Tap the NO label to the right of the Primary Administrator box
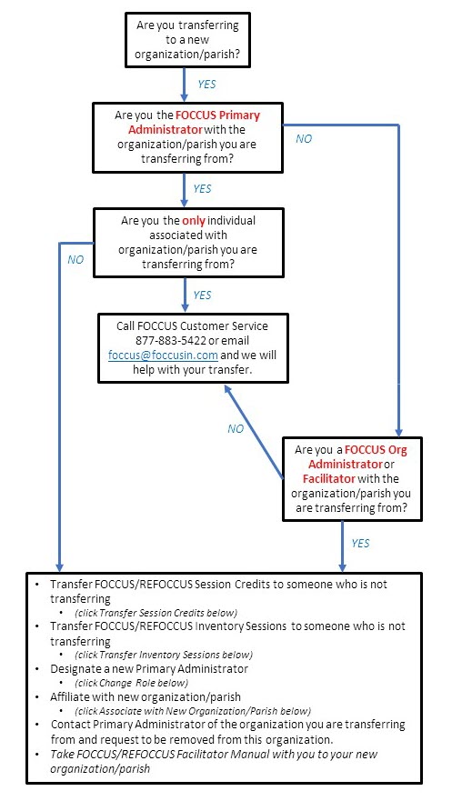pyautogui.click(x=305, y=139)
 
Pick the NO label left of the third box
pyautogui.click(x=76, y=258)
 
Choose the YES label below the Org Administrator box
pyautogui.click(x=360, y=543)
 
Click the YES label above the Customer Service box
pyautogui.click(x=202, y=295)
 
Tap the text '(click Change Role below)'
pyautogui.click(x=132, y=682)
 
